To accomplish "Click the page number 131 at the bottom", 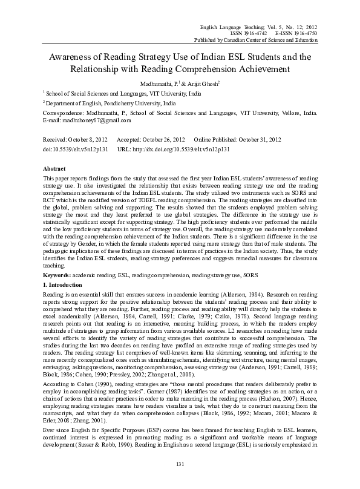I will coord(179,464).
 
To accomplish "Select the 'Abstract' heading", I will coord(55,167).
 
